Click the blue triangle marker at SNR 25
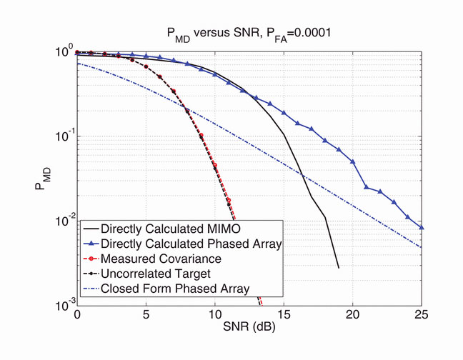click(422, 227)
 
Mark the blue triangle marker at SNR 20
click(353, 161)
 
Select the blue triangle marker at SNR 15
click(284, 113)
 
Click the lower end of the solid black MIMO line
click(339, 268)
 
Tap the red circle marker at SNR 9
click(201, 136)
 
